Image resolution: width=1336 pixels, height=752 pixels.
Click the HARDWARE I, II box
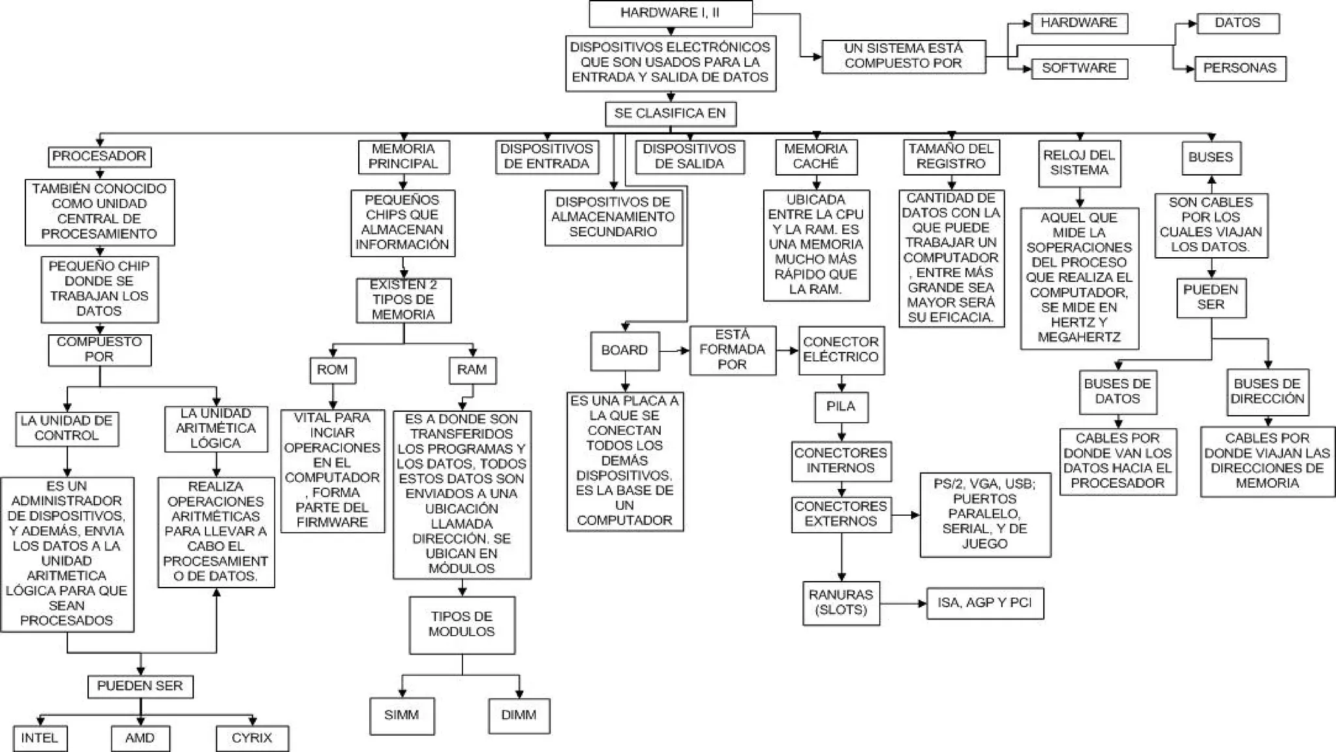pyautogui.click(x=670, y=13)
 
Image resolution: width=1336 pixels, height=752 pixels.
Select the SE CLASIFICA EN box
pyautogui.click(x=670, y=114)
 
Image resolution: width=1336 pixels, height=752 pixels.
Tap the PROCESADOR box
pyautogui.click(x=99, y=157)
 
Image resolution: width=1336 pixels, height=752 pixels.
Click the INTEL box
pyautogui.click(x=39, y=738)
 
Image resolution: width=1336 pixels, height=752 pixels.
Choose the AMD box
pyautogui.click(x=140, y=738)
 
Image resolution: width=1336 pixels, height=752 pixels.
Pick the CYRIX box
pyautogui.click(x=252, y=738)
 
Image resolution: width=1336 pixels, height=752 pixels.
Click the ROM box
pyautogui.click(x=332, y=370)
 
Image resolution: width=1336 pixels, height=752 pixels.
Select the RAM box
pyautogui.click(x=472, y=370)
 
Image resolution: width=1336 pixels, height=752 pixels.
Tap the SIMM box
pyautogui.click(x=401, y=715)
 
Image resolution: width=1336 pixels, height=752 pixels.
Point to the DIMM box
pyautogui.click(x=519, y=715)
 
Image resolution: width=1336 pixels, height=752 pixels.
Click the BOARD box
pyautogui.click(x=624, y=351)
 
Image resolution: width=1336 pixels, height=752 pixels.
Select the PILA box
pyautogui.click(x=841, y=407)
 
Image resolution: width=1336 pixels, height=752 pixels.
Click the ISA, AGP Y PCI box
pyautogui.click(x=984, y=603)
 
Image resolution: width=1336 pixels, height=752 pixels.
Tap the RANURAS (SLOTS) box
pyautogui.click(x=841, y=603)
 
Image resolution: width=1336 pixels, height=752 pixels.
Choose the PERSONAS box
pyautogui.click(x=1239, y=69)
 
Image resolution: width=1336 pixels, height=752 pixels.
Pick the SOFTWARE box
pyautogui.click(x=1079, y=69)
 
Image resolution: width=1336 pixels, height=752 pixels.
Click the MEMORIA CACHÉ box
pyautogui.click(x=815, y=157)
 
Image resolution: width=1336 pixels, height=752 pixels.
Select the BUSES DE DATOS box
pyautogui.click(x=1117, y=392)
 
